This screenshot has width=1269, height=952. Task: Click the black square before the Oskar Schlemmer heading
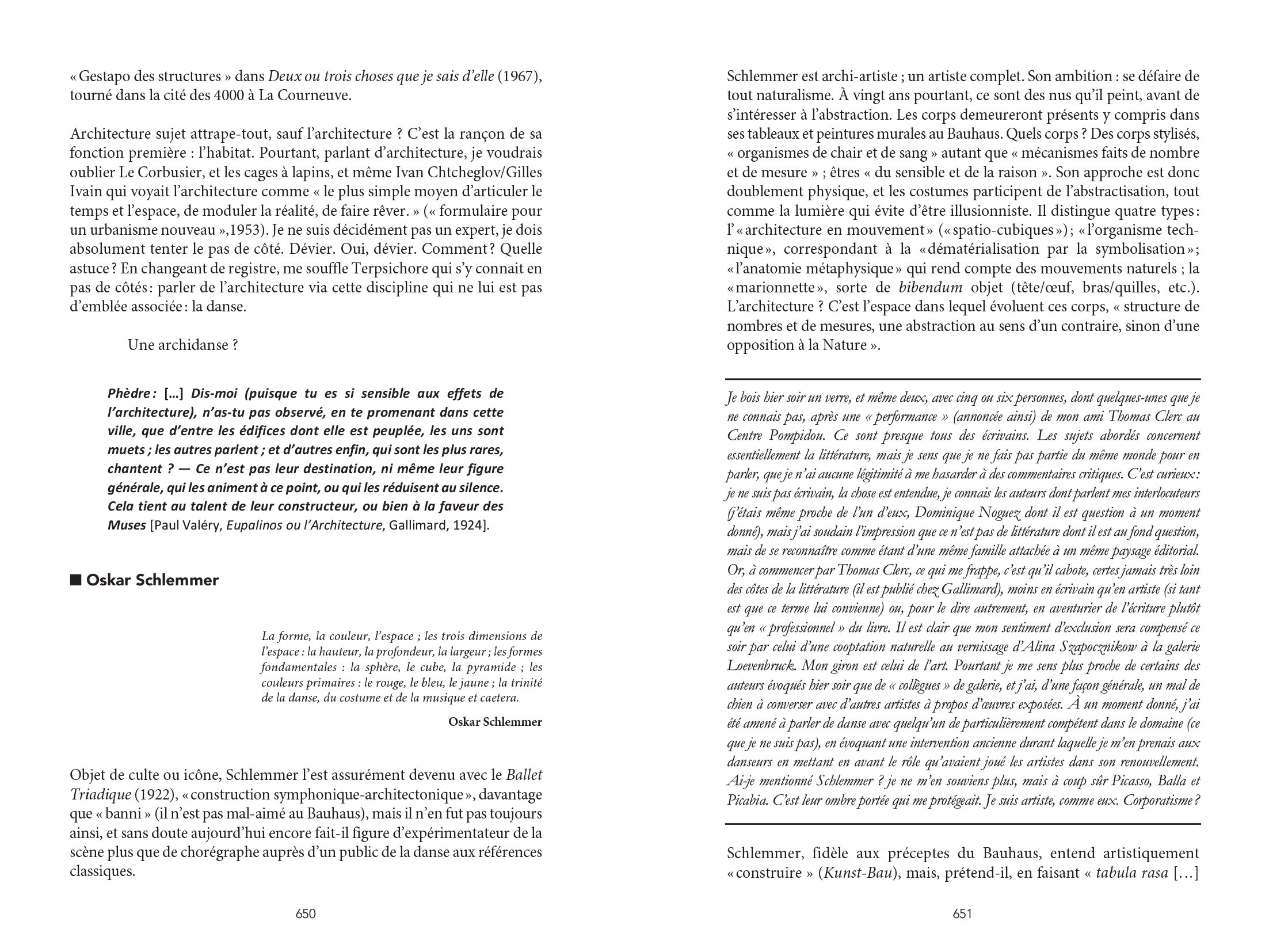75,580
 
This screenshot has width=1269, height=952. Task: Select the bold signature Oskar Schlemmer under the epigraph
495,722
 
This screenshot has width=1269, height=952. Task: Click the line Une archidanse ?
183,345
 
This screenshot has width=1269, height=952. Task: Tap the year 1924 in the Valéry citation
471,525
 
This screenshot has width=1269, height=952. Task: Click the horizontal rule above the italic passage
962,379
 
